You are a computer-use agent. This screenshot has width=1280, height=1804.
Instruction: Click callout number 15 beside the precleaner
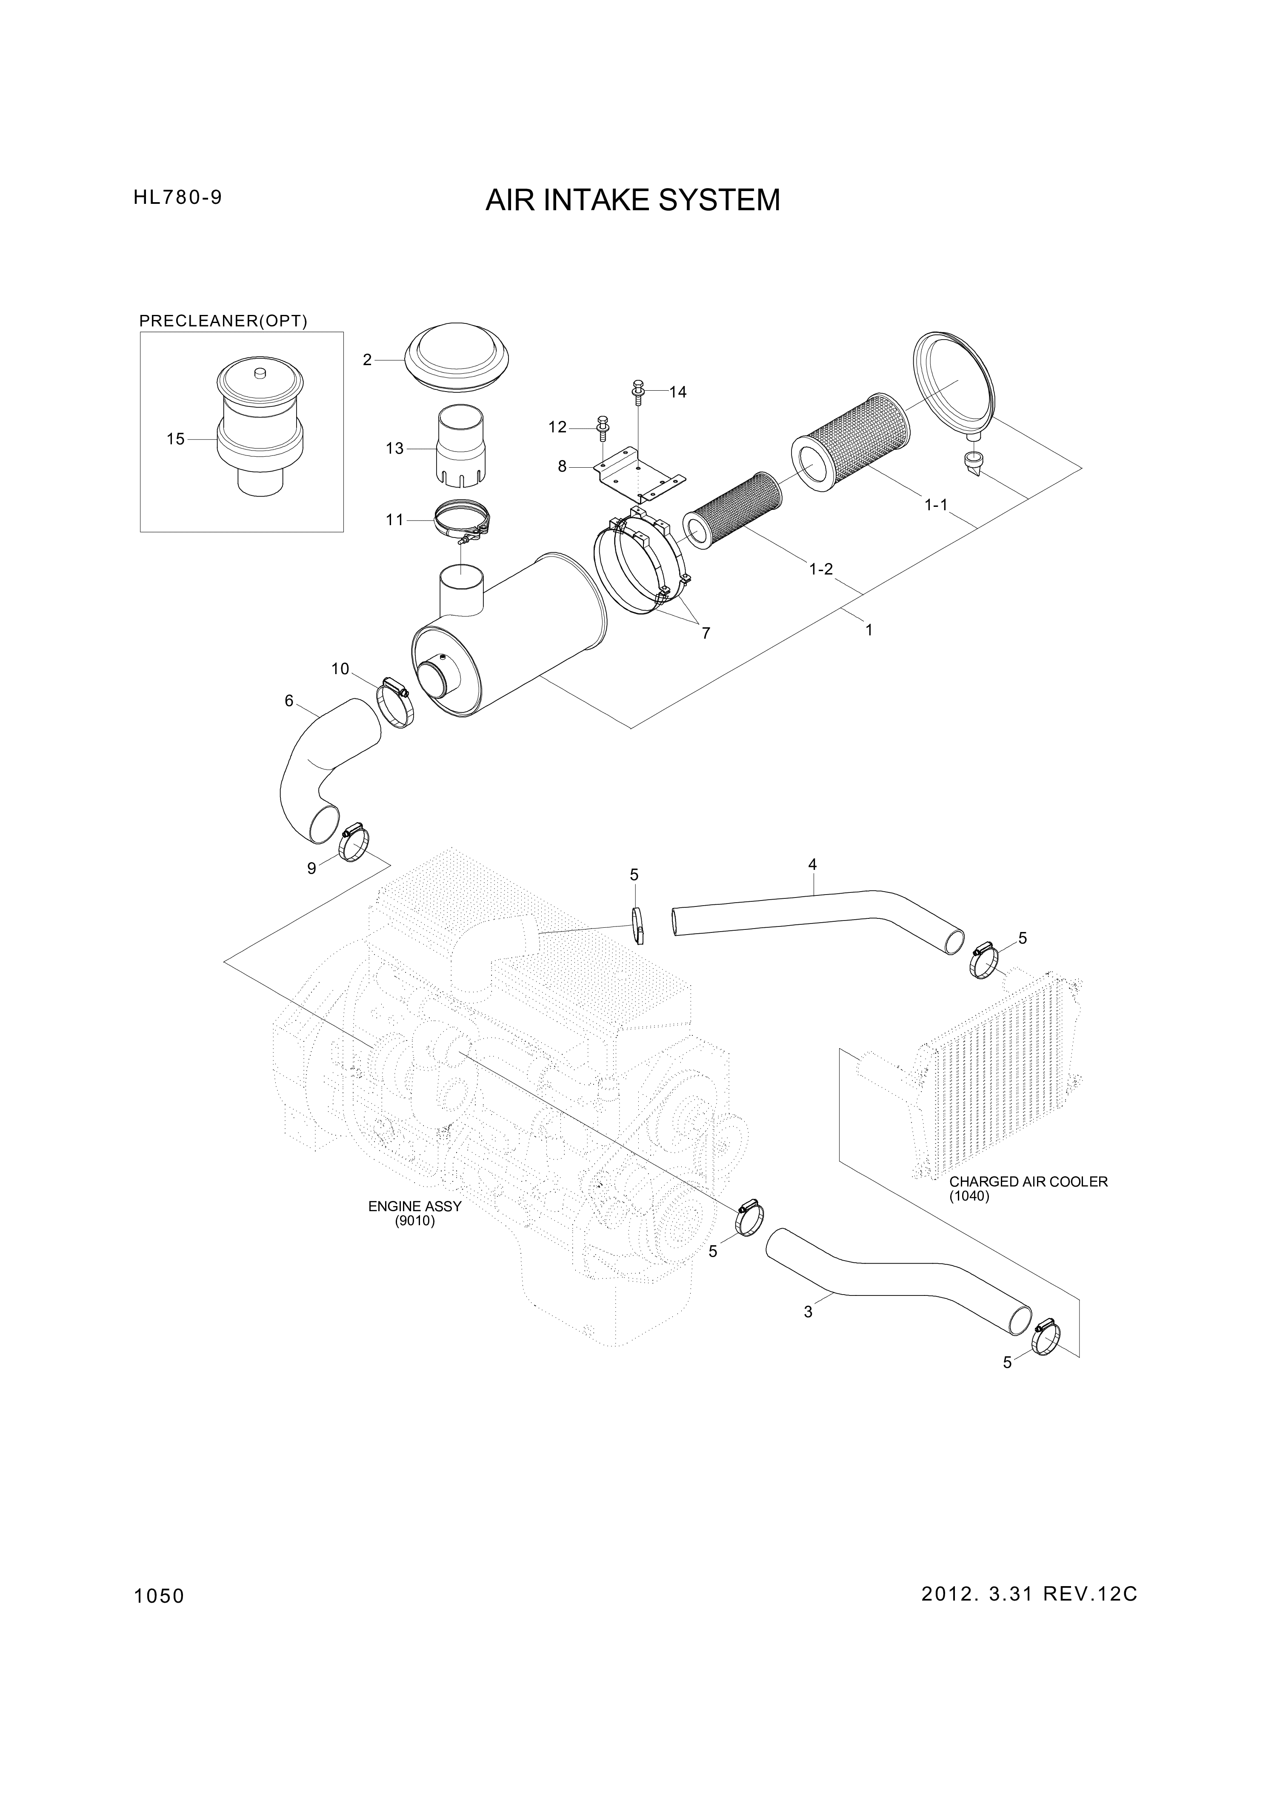click(x=176, y=439)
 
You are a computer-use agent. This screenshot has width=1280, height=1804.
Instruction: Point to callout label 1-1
click(x=936, y=505)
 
